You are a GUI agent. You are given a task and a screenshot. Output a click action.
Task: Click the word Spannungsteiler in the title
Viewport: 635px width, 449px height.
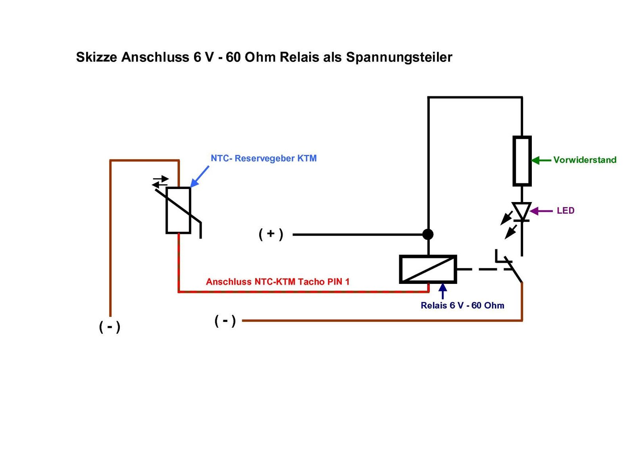tap(399, 57)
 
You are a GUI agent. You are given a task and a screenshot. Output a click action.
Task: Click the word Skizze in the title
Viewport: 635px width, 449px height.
tap(96, 57)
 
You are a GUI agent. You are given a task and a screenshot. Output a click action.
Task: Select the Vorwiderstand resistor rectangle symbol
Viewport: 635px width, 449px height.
tap(522, 161)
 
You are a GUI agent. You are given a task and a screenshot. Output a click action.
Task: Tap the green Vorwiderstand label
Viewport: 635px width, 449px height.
tap(585, 160)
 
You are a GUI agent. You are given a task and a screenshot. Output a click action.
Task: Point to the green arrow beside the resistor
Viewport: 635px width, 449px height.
tap(541, 160)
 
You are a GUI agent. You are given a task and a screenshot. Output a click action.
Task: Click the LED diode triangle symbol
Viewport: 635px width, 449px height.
tap(521, 211)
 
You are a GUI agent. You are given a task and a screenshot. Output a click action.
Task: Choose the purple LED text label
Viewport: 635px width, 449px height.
tap(565, 211)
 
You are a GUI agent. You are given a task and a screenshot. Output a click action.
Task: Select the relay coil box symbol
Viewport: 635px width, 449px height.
tap(428, 269)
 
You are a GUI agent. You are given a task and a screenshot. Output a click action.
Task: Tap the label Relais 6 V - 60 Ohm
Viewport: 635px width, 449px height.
tap(462, 305)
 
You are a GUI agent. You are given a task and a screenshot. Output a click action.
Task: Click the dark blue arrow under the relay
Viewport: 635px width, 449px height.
tap(443, 291)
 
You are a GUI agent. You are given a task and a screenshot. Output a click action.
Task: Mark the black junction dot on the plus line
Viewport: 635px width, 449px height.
tap(428, 234)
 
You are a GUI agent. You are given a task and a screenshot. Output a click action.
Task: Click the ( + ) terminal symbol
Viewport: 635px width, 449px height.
tap(271, 234)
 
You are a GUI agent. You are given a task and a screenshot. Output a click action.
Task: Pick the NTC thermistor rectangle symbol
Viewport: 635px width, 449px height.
tap(178, 210)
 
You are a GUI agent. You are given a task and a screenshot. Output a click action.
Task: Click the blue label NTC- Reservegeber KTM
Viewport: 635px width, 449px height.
tap(264, 158)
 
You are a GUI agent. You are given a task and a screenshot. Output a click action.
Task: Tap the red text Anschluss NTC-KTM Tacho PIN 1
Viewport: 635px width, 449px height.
tap(277, 282)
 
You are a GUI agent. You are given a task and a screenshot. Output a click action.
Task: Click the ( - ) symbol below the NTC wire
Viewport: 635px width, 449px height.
tap(110, 327)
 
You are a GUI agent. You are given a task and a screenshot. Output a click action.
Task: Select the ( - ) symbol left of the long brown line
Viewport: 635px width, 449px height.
tap(225, 320)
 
